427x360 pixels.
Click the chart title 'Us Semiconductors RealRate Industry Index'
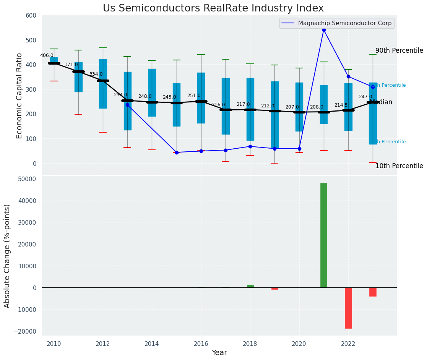(x=213, y=8)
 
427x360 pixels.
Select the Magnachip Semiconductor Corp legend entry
(x=337, y=23)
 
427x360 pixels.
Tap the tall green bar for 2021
(x=323, y=235)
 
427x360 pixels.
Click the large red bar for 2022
(x=348, y=308)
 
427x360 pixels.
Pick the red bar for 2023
(x=373, y=292)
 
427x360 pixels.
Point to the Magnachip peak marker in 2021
(x=324, y=30)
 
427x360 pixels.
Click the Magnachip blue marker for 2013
(x=127, y=105)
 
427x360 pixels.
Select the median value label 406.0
(x=47, y=55)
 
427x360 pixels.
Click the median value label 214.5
(x=341, y=105)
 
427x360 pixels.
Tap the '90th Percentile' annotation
(x=399, y=51)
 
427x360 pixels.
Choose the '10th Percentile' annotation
(x=399, y=166)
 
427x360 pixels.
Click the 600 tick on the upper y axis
(x=31, y=16)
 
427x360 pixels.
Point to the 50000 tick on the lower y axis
(x=26, y=179)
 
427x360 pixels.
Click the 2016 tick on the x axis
(x=201, y=344)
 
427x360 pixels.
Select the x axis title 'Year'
(x=219, y=353)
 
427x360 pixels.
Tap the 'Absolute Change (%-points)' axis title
(x=7, y=256)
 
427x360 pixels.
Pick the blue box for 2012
(x=103, y=84)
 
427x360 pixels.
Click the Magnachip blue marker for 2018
(x=250, y=146)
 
